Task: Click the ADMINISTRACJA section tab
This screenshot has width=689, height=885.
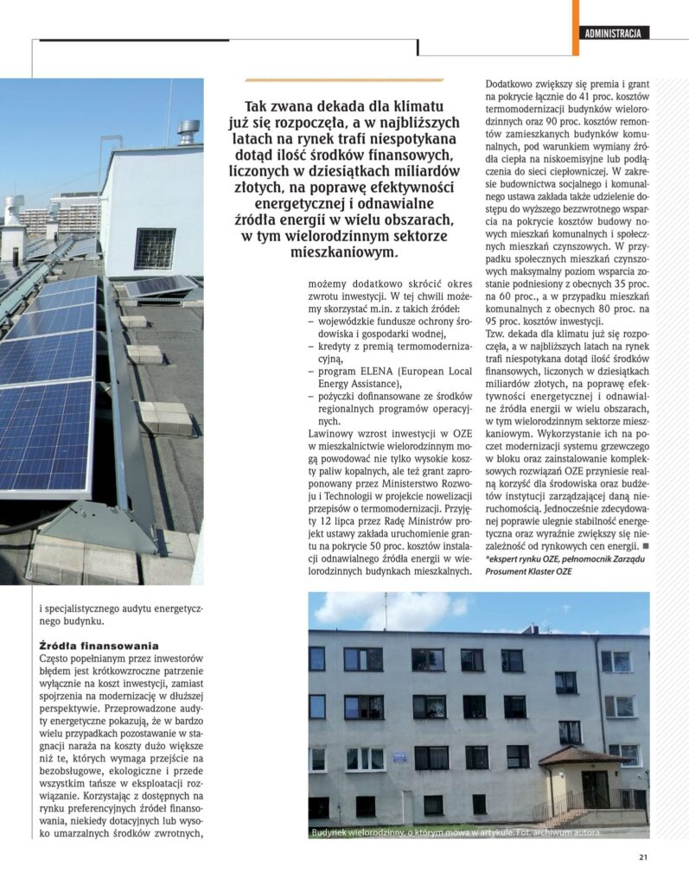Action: (x=613, y=34)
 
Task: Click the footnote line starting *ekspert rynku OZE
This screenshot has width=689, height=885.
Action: (x=562, y=560)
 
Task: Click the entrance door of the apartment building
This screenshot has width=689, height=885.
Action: (x=594, y=787)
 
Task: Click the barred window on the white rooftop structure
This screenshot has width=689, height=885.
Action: (x=155, y=248)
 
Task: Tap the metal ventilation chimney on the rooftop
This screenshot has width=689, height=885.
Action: (x=188, y=132)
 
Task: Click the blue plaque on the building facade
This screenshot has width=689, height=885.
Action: (x=400, y=758)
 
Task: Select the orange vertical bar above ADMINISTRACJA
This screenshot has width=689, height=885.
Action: (x=575, y=15)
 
